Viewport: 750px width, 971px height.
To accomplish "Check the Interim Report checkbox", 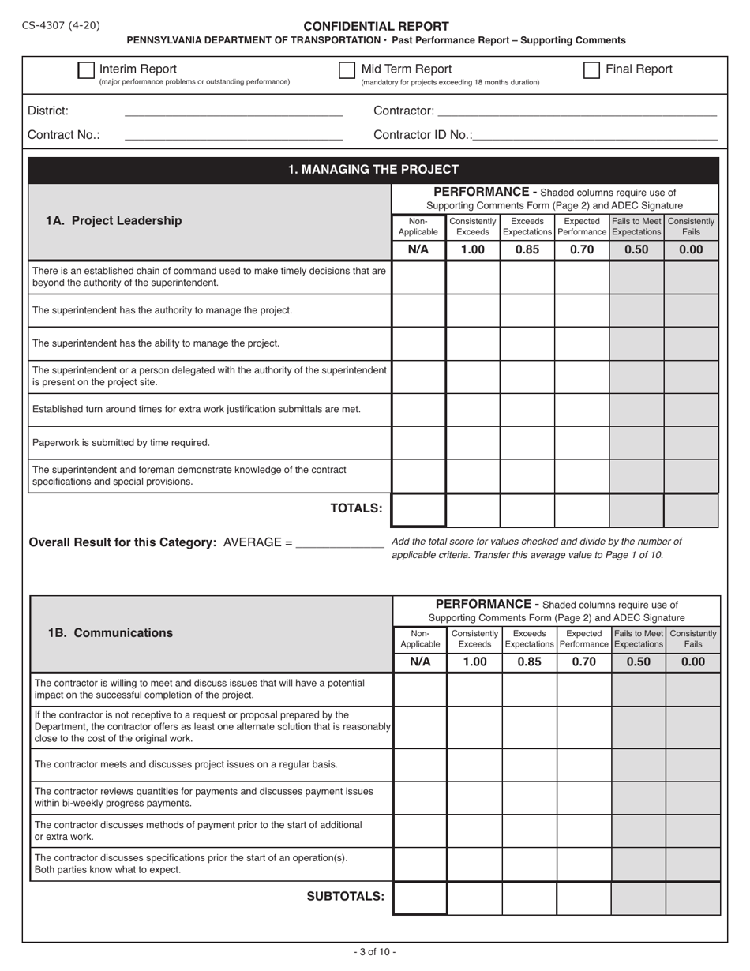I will click(x=86, y=70).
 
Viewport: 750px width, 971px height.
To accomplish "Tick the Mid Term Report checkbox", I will click(x=347, y=70).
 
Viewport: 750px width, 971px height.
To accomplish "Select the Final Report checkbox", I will click(x=591, y=70).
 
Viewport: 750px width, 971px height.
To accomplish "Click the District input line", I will click(x=234, y=111).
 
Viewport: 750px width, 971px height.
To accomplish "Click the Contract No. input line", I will click(x=234, y=135).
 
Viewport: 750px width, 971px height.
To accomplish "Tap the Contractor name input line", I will click(x=576, y=111).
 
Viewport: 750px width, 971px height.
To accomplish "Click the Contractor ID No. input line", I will click(x=595, y=135).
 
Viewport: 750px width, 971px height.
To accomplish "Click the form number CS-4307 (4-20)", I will click(x=62, y=25).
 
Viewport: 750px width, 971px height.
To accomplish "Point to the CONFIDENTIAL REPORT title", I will click(x=376, y=26).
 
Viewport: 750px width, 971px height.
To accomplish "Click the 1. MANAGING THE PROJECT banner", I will click(x=373, y=170).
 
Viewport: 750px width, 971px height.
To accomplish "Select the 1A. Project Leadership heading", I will click(x=114, y=221).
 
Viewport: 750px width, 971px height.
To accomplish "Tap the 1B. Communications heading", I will click(x=111, y=633).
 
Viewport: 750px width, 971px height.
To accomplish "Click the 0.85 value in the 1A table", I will click(x=527, y=250).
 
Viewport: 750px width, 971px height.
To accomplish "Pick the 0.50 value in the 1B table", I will click(x=638, y=662).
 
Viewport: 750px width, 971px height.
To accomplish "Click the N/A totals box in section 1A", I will click(x=418, y=510).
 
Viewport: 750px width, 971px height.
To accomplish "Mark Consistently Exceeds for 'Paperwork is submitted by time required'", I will click(x=473, y=443).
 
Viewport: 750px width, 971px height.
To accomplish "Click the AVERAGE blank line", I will click(x=339, y=542).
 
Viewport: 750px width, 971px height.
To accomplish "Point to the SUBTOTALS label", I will click(x=345, y=896).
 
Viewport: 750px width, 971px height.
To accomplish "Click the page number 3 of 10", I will click(x=375, y=952).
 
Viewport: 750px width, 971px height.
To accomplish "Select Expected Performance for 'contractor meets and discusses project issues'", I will click(x=583, y=765).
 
